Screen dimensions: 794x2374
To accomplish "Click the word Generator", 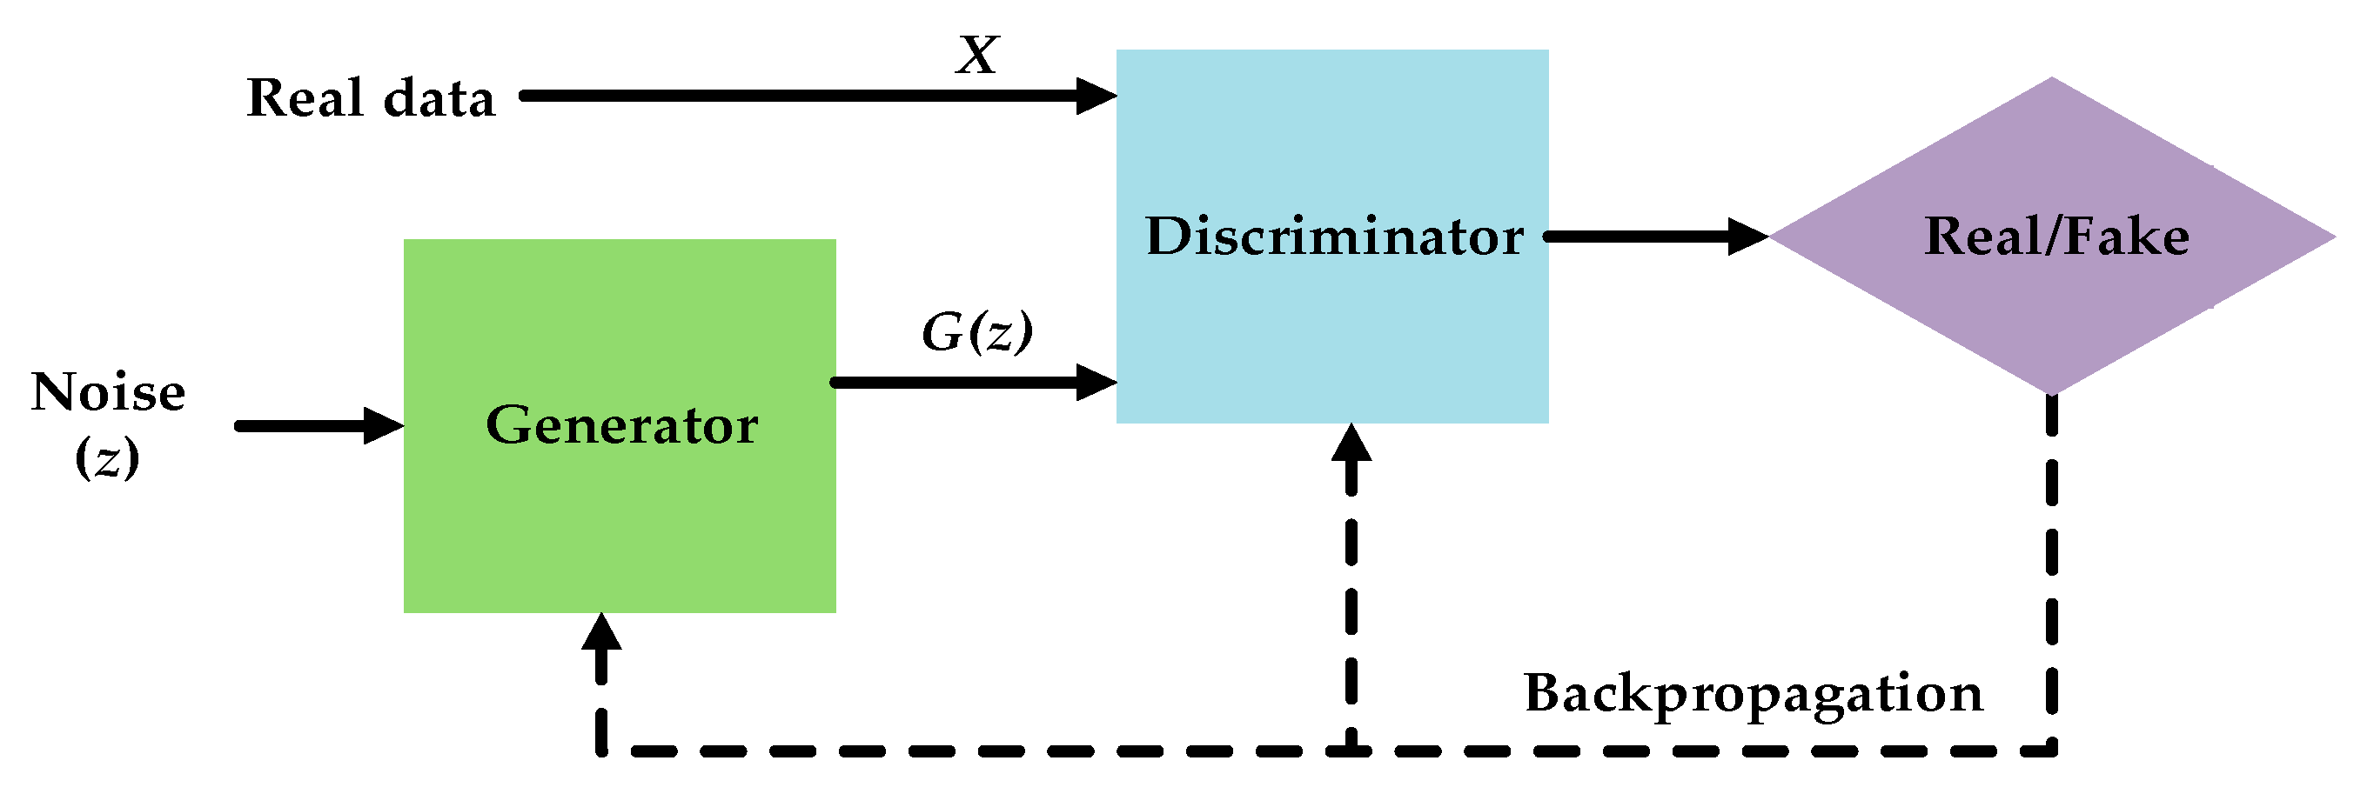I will (622, 425).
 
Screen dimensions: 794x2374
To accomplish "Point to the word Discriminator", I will (1333, 237).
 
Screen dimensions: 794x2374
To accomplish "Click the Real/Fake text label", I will (2056, 237).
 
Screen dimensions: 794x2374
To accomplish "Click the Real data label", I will (371, 97).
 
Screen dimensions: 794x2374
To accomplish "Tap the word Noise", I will (108, 392).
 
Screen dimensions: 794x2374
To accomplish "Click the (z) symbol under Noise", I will (107, 457).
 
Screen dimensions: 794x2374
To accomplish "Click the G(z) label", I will (977, 331).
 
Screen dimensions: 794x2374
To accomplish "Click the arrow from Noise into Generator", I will (313, 425).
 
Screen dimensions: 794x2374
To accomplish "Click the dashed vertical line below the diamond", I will (2051, 571).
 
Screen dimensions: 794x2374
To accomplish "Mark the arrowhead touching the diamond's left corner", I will (1747, 237).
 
